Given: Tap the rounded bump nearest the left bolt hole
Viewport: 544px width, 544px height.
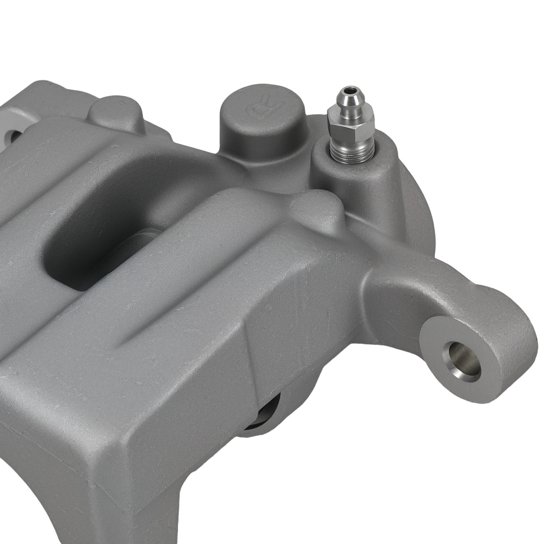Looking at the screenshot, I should tap(116, 111).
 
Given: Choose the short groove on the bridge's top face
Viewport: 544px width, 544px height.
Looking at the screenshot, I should tap(163, 326).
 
